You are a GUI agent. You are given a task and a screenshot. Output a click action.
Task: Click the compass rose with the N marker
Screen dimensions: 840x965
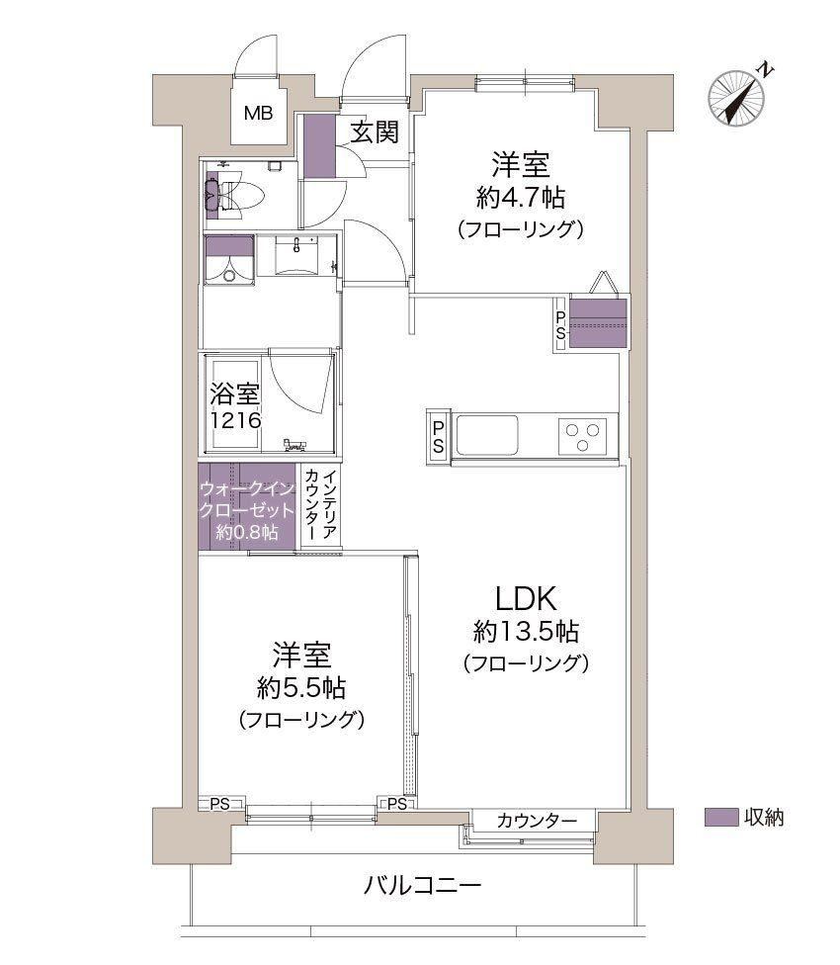click(x=736, y=99)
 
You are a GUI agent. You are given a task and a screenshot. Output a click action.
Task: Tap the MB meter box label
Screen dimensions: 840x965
click(x=258, y=114)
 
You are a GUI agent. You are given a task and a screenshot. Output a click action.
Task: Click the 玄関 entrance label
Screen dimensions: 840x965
click(x=375, y=132)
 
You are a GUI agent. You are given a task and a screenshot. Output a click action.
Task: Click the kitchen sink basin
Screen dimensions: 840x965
click(x=487, y=434)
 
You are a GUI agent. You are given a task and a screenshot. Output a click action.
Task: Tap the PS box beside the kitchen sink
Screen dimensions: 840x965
click(x=437, y=436)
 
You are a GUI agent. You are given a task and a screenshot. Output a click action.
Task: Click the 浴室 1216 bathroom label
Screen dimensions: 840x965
click(x=235, y=406)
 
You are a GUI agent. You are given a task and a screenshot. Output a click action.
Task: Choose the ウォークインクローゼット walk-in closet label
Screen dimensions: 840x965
click(x=247, y=510)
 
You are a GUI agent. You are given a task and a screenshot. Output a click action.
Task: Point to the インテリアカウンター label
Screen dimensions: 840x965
click(x=321, y=504)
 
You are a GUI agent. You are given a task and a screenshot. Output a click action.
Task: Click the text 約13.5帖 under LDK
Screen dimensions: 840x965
click(x=526, y=632)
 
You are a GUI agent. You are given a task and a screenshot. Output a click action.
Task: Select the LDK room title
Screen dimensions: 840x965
click(x=527, y=599)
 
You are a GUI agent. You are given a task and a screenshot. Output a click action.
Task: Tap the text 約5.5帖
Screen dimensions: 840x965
click(x=301, y=688)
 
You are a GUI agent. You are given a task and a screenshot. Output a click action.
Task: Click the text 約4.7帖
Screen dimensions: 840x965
click(x=520, y=198)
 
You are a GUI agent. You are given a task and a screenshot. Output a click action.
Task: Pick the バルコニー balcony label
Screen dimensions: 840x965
click(x=422, y=886)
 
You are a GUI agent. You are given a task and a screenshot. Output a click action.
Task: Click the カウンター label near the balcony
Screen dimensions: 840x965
click(x=537, y=821)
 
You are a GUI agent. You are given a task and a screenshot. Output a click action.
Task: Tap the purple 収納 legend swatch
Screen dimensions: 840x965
click(x=721, y=817)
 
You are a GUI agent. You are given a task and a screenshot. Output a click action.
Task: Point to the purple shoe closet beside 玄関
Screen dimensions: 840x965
click(x=320, y=146)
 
